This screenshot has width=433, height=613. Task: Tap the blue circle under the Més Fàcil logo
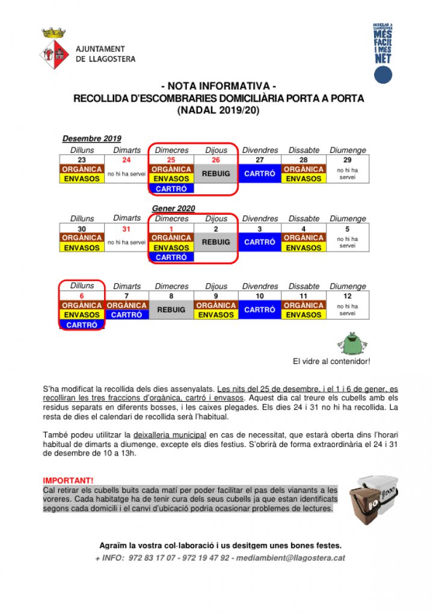click(383, 75)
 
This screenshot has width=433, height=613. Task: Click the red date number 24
click(126, 160)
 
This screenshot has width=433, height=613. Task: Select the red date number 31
click(126, 229)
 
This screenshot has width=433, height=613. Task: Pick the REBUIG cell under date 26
click(216, 174)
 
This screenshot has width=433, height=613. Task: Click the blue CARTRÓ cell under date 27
click(260, 174)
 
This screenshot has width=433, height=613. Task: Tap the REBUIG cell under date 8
click(171, 310)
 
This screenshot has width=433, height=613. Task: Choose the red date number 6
click(82, 296)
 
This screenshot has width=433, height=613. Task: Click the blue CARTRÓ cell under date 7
click(126, 315)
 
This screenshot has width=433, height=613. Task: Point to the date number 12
click(347, 296)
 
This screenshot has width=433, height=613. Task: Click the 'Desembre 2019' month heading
click(92, 139)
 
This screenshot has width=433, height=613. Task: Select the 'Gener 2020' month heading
click(173, 209)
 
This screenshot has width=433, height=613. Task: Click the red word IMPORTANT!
click(68, 481)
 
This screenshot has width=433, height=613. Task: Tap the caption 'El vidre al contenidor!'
click(331, 362)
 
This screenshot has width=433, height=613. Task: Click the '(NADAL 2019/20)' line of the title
click(218, 110)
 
